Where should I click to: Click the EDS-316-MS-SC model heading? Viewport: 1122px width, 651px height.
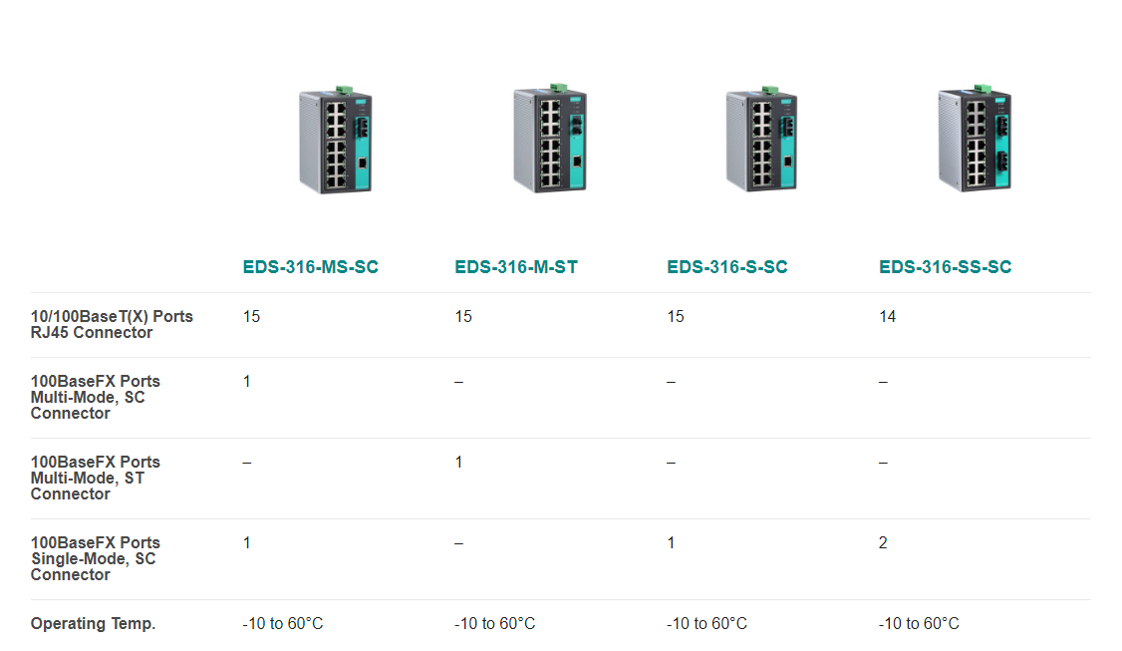(311, 267)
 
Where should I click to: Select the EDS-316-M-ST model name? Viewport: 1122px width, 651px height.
(516, 267)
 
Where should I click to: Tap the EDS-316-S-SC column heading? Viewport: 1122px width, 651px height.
(727, 267)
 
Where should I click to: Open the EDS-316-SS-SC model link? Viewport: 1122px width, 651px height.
(946, 267)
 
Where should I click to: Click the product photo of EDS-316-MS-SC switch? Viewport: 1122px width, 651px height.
(336, 140)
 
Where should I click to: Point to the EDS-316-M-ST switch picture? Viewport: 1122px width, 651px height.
(550, 139)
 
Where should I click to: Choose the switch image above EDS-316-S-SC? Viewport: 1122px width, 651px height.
(761, 139)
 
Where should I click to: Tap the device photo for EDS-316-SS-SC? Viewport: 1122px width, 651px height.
(975, 139)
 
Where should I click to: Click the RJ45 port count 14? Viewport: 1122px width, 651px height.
(887, 317)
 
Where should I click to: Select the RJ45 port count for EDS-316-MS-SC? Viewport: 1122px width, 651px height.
(251, 317)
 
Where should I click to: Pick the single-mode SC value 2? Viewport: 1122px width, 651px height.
(883, 543)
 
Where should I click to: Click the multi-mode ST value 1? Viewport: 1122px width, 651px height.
(458, 462)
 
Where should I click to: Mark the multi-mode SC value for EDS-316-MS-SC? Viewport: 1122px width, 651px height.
(247, 381)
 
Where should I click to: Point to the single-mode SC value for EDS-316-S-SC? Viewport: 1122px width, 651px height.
(672, 543)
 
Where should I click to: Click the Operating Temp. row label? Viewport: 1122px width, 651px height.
(93, 624)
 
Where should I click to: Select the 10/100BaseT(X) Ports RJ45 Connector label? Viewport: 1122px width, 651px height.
(112, 324)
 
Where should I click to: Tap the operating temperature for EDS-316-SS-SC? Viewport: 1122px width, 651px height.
(919, 624)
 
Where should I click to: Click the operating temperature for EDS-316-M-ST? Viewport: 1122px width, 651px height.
(494, 624)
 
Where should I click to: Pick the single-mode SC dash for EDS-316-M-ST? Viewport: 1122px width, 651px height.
(458, 543)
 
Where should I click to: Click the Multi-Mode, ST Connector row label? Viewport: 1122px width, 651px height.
(96, 478)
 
